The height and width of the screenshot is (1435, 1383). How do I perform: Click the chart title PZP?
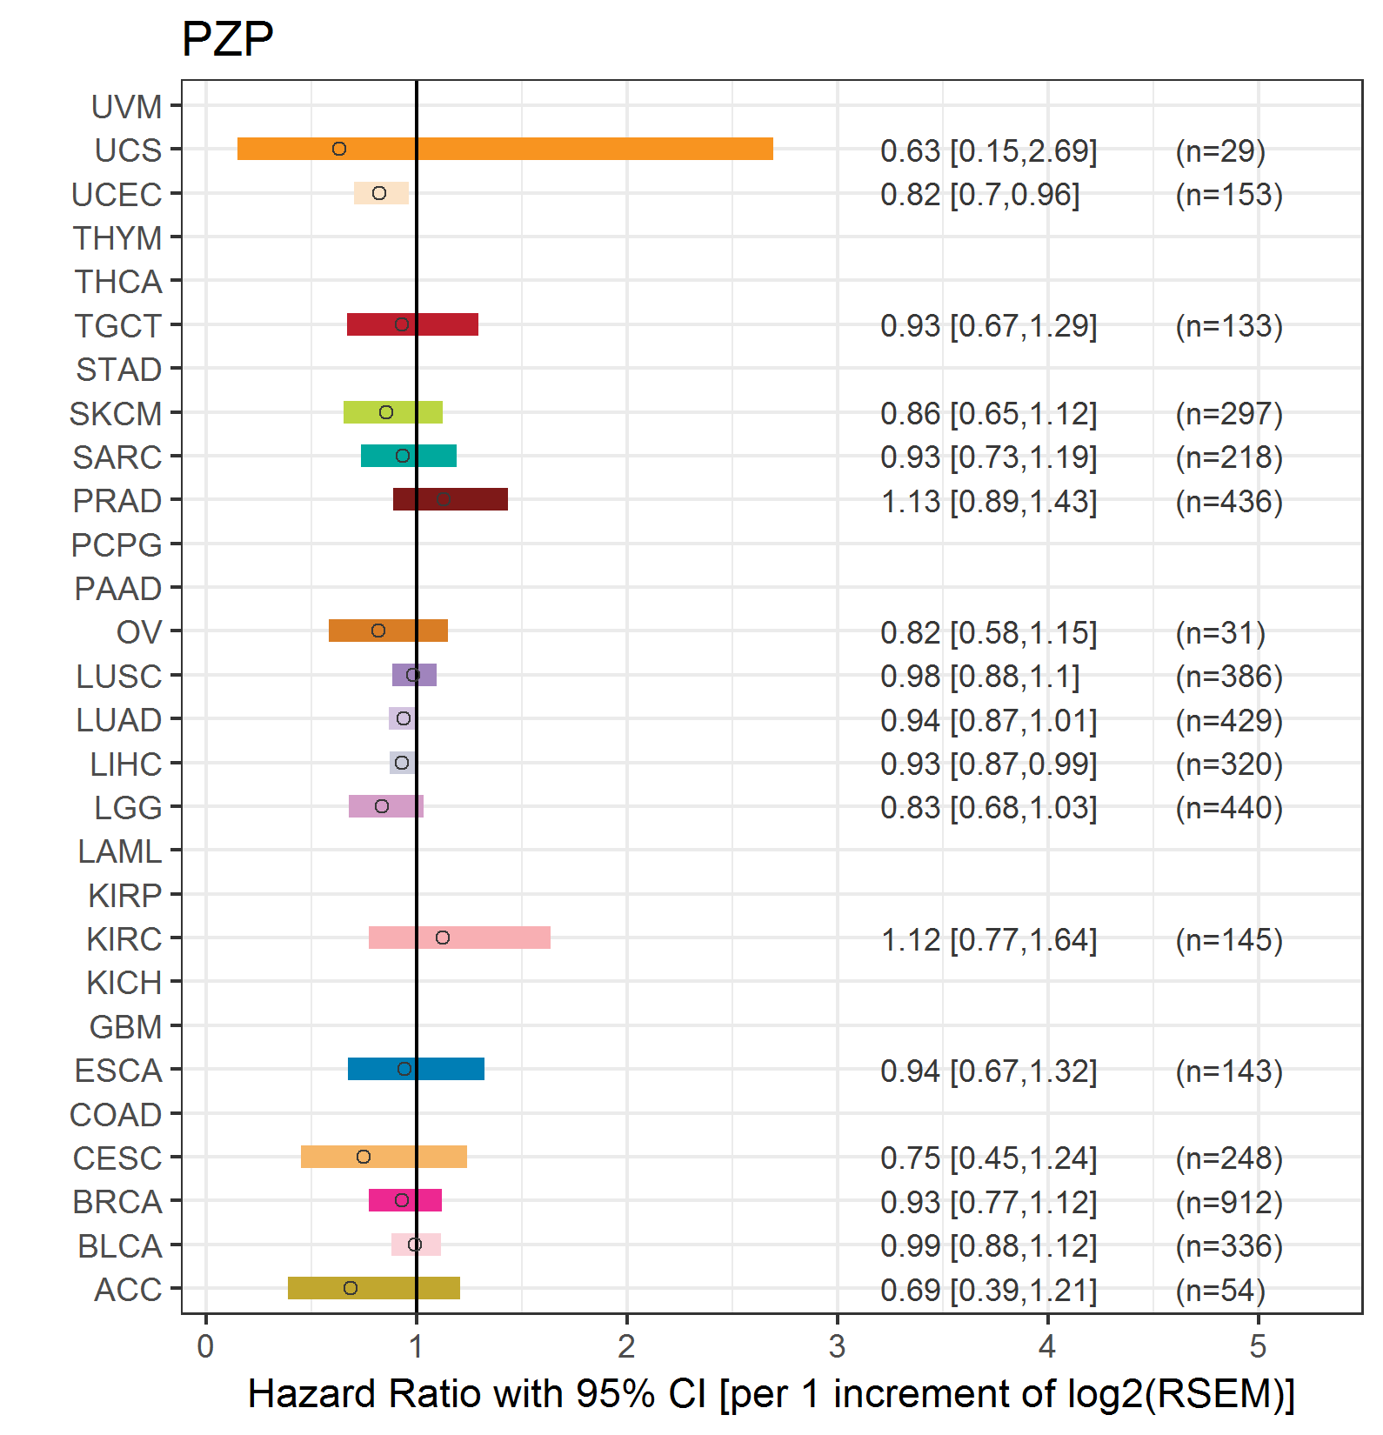point(227,39)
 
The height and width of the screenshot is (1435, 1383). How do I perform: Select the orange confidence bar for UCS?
point(504,149)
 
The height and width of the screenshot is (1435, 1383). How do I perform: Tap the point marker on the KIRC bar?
point(443,938)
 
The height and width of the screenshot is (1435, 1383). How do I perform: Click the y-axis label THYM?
point(117,237)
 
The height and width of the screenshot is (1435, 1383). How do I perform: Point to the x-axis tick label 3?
point(837,1346)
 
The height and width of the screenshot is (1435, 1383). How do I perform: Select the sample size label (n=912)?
point(1228,1202)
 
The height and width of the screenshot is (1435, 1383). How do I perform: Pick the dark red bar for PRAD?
point(451,499)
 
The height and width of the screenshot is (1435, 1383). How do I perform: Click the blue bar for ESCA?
point(416,1069)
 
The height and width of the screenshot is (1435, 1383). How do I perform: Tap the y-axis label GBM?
point(125,1027)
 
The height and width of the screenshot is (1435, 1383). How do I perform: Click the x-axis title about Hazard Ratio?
point(771,1393)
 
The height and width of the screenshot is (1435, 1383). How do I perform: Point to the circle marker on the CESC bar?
point(364,1157)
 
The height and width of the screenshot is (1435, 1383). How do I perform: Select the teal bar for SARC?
point(409,456)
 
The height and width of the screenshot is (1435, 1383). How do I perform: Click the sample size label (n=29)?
point(1219,150)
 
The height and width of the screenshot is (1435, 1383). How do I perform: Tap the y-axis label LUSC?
point(119,677)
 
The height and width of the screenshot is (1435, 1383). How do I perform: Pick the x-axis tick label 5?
point(1258,1346)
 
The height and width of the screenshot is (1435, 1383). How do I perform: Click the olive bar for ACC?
point(374,1288)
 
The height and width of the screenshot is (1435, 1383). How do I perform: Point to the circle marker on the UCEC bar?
point(379,193)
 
